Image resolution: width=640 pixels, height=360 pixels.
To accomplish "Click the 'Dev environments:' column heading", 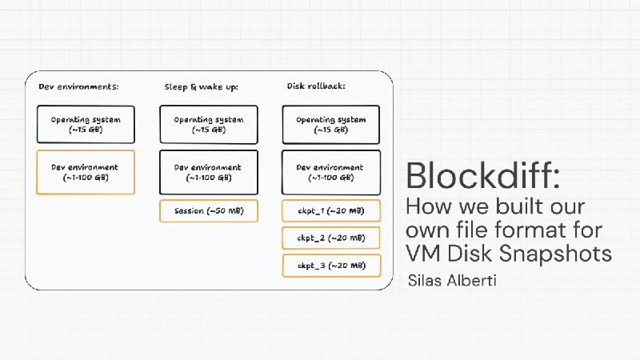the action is click(78, 86).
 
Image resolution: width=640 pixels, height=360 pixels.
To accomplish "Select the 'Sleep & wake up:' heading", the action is click(202, 87).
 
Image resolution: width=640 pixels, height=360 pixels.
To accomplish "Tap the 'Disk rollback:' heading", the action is click(316, 86).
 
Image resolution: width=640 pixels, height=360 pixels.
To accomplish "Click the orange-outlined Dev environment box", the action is click(86, 172).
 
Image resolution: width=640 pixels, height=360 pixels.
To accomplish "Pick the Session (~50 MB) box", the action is click(209, 210).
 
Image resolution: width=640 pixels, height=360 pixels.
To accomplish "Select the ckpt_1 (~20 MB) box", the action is click(331, 210).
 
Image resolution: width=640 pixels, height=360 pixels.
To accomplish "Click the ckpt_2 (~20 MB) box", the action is click(331, 238).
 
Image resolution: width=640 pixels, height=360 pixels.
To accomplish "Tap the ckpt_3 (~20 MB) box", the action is click(331, 266).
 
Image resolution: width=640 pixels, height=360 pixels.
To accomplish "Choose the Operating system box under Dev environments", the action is click(86, 125).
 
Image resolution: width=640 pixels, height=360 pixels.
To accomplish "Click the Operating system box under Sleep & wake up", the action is click(209, 125).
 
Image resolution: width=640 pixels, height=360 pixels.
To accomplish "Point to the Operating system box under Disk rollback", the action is click(331, 125).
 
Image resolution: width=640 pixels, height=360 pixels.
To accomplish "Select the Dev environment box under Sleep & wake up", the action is click(209, 172).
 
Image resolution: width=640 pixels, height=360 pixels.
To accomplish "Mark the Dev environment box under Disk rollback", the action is click(331, 172).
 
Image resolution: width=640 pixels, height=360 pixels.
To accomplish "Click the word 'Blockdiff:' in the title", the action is click(483, 175).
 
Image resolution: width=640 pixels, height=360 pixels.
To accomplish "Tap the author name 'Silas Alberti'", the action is click(452, 281).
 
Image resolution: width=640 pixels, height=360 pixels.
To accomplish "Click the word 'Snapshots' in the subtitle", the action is click(555, 254).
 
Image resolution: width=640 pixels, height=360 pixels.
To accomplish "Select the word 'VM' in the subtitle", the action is click(423, 254).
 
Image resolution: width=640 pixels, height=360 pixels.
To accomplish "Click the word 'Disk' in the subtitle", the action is click(470, 254).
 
